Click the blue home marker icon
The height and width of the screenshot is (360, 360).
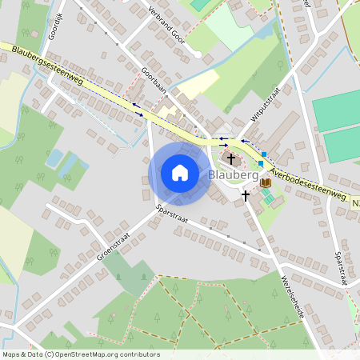point(179,173)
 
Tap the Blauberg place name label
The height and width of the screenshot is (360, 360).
point(233,174)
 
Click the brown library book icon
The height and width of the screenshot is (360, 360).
point(266,183)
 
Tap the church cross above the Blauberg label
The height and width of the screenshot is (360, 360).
point(231,159)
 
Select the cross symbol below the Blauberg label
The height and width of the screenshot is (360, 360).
point(246,194)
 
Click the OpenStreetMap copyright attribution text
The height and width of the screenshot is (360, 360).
point(81,354)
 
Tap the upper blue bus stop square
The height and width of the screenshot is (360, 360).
point(263,153)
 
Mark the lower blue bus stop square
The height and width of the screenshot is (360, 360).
point(260,163)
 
